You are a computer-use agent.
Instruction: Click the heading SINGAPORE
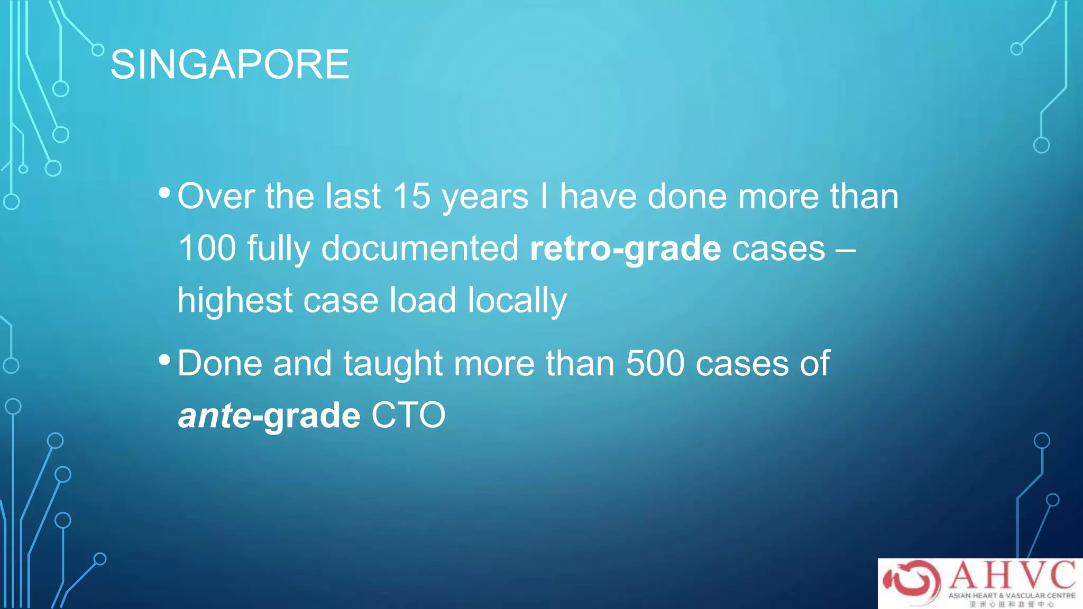[x=230, y=64]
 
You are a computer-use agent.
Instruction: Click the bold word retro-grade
[x=625, y=248]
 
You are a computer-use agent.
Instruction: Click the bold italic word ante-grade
[x=269, y=416]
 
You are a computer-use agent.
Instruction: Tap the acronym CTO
[x=408, y=416]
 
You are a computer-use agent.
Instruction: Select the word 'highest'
[x=234, y=300]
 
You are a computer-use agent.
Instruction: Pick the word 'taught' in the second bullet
[x=393, y=363]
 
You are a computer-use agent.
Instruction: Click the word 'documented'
[x=420, y=248]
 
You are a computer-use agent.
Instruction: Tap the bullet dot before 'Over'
[x=164, y=193]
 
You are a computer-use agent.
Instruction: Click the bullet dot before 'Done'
[x=164, y=361]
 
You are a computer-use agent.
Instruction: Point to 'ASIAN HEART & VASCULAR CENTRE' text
[x=1012, y=595]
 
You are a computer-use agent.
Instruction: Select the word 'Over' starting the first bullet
[x=216, y=196]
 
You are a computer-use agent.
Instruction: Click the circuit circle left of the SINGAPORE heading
[x=98, y=50]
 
